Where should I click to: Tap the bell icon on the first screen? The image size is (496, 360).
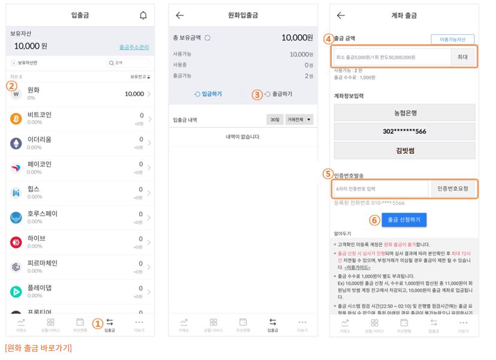[143, 16]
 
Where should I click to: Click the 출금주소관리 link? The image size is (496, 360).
[134, 47]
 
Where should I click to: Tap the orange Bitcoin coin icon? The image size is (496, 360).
[16, 119]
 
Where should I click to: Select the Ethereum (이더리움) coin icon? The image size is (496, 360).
[16, 143]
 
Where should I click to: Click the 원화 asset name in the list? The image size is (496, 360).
[34, 90]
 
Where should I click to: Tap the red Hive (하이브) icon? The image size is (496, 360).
[16, 242]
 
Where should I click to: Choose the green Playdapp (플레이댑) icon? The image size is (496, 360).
[16, 292]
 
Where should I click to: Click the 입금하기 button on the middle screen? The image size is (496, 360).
[208, 94]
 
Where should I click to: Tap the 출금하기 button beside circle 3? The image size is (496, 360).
[279, 94]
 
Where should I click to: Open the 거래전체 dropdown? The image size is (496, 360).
[300, 120]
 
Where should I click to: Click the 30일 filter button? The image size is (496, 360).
[274, 120]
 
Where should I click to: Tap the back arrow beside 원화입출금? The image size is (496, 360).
[180, 16]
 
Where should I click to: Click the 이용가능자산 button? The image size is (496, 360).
[452, 40]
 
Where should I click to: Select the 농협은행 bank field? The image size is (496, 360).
[404, 113]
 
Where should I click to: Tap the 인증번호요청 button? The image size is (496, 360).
[453, 189]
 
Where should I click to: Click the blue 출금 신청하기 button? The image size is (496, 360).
[404, 220]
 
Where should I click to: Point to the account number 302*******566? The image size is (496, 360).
[404, 131]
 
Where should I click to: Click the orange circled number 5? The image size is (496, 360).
[328, 174]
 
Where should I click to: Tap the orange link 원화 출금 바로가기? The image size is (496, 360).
[38, 347]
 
